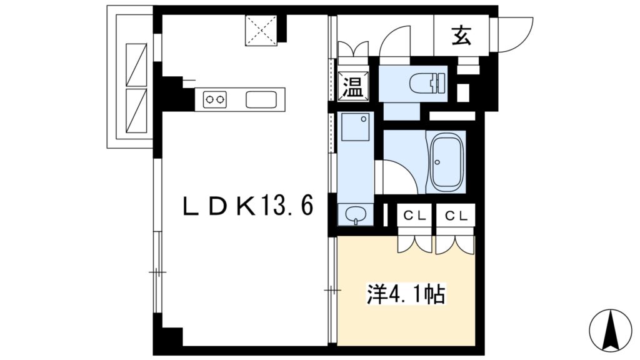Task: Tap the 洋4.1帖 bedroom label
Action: pos(406,294)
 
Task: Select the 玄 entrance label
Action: pos(462,35)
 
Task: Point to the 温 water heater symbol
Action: pos(353,86)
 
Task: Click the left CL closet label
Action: pos(415,216)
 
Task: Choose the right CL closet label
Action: pos(456,216)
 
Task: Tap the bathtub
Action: pos(446,162)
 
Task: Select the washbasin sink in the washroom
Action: pos(356,214)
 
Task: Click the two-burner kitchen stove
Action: pos(215,99)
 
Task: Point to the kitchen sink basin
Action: pos(261,99)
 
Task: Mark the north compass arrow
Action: pos(611,331)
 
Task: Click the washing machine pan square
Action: pos(355,127)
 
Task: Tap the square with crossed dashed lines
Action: pos(261,30)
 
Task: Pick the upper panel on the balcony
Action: pos(136,64)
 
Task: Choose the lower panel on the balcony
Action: pos(136,111)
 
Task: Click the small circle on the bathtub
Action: pos(437,162)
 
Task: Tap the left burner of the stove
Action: pos(210,99)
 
